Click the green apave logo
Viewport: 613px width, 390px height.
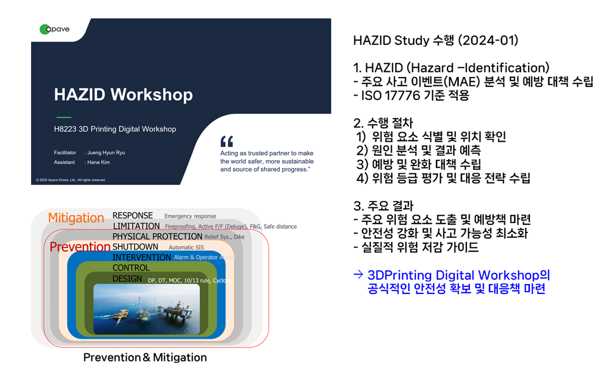55,29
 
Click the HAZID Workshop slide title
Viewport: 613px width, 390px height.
124,94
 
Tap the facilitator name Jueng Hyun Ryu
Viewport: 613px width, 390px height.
106,152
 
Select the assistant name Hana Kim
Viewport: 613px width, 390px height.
99,162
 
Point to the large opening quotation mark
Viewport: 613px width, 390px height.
227,141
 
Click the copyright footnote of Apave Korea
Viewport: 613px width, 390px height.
71,180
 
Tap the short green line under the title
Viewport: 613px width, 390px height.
64,117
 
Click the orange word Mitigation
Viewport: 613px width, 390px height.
76,218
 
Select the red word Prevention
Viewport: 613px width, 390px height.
80,246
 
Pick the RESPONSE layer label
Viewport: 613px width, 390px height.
133,215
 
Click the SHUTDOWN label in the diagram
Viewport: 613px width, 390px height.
135,246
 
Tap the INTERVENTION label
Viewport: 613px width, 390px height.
142,257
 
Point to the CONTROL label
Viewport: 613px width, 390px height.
131,267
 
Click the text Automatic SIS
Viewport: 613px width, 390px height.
186,247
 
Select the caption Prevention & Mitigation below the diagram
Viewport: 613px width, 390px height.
145,357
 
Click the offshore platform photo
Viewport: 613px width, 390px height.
147,309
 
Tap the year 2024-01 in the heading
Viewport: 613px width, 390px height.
488,40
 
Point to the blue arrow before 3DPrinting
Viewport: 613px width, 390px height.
358,274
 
